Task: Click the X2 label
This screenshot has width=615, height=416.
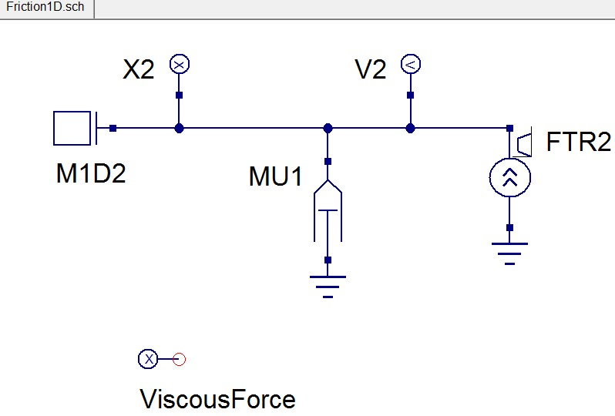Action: [x=139, y=70]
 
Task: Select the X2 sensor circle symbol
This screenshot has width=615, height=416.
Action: [x=179, y=65]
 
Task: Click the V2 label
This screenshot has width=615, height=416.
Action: [x=370, y=70]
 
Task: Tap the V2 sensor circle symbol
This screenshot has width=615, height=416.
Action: [x=410, y=65]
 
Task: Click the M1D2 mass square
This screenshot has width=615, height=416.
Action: [x=72, y=128]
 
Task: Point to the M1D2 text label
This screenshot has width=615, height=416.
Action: [x=90, y=173]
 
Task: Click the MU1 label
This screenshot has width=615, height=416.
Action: [x=275, y=176]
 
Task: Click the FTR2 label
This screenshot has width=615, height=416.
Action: [x=578, y=143]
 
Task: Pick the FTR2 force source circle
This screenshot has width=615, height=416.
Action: [x=509, y=178]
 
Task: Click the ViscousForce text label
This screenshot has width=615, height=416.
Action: [x=217, y=399]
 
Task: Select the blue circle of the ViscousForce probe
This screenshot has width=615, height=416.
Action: [x=147, y=358]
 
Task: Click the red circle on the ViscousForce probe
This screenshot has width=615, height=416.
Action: [x=179, y=358]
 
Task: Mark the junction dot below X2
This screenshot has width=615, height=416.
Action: [x=179, y=128]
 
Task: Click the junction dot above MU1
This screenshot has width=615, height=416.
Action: [x=328, y=128]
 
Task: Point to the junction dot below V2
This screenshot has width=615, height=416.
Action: [x=410, y=128]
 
